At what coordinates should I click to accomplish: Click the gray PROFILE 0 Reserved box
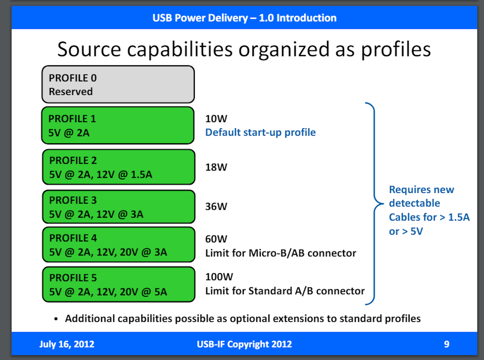(x=118, y=84)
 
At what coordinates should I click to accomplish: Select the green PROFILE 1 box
(x=118, y=126)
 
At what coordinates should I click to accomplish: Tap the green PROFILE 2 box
(x=119, y=167)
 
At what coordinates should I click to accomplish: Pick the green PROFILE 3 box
(x=119, y=207)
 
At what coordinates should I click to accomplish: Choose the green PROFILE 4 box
(x=119, y=245)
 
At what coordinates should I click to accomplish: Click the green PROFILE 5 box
(x=119, y=284)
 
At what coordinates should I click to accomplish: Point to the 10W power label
(x=216, y=119)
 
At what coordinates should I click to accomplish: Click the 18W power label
(x=216, y=167)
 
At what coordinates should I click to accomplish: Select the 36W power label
(x=216, y=207)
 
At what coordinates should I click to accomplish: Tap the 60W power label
(x=216, y=239)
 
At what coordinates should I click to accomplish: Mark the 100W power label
(x=219, y=277)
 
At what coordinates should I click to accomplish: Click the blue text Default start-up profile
(x=260, y=133)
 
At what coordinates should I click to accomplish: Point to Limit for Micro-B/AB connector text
(x=280, y=253)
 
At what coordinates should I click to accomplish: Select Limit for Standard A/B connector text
(x=285, y=291)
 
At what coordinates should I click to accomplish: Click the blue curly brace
(x=375, y=204)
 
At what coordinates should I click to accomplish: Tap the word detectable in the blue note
(x=414, y=203)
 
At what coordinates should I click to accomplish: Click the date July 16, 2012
(x=67, y=344)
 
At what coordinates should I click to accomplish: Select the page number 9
(x=446, y=344)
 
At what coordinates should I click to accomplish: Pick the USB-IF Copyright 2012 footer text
(x=244, y=344)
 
